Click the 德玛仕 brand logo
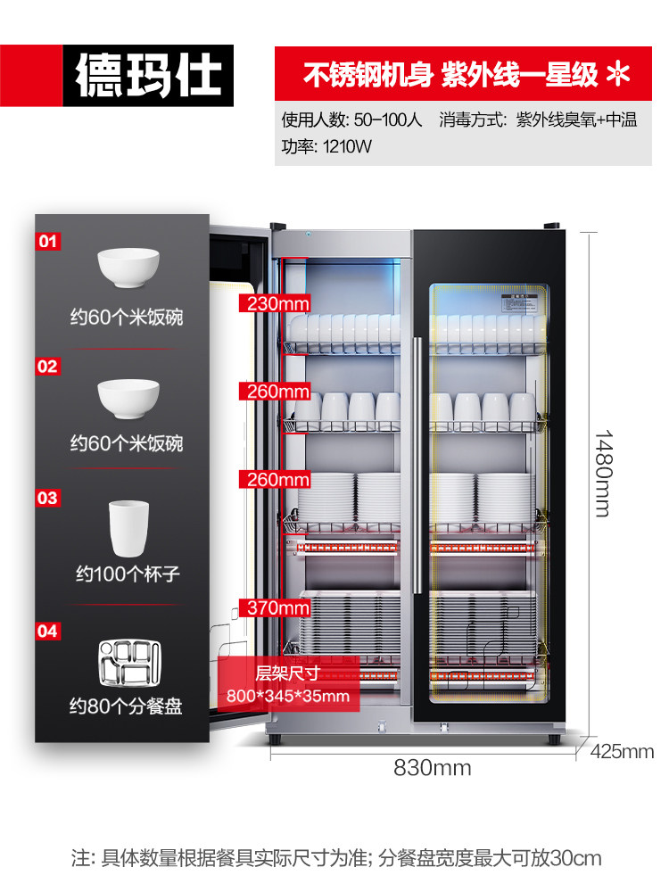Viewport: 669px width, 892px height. [147, 75]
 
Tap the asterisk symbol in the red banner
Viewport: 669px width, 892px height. [618, 75]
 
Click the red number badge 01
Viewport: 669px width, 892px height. [47, 242]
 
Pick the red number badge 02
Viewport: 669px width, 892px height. [47, 367]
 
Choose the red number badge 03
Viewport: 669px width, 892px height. [47, 498]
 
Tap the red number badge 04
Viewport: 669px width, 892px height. [47, 632]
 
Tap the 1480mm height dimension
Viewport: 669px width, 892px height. [604, 473]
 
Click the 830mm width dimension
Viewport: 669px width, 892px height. [433, 767]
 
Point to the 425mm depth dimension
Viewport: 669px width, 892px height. [622, 751]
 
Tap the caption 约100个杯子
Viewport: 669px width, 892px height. [127, 574]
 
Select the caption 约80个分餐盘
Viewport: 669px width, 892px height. [127, 706]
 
